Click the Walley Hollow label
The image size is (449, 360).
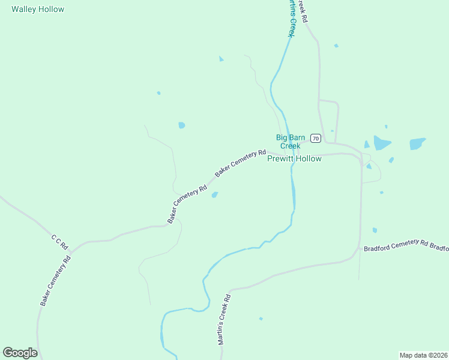tap(38, 10)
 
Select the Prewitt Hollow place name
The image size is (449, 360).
tap(294, 159)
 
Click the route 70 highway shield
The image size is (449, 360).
tap(316, 139)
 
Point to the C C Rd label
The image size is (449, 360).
tap(60, 243)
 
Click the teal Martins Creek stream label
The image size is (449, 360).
tap(291, 18)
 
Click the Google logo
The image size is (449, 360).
tap(20, 353)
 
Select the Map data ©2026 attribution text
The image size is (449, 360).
tap(423, 355)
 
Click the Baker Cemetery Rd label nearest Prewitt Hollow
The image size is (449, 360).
tap(240, 163)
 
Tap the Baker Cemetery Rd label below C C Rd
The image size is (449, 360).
tap(56, 281)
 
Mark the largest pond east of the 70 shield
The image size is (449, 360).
tap(381, 143)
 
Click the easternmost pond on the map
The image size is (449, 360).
tap(417, 144)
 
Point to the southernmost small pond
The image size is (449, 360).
tap(261, 319)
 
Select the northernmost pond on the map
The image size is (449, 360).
tap(336, 46)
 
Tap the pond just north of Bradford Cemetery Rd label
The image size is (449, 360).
tap(375, 230)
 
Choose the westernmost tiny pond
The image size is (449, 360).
tap(158, 93)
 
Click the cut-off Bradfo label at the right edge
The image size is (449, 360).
tap(440, 248)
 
